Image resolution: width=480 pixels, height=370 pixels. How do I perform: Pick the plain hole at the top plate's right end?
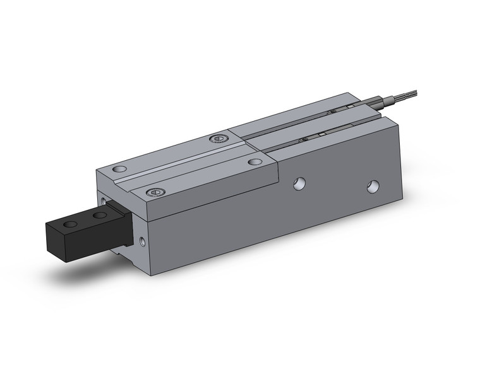[255, 161]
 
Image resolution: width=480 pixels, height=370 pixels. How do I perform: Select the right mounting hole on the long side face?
[374, 187]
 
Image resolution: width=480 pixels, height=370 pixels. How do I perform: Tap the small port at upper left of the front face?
[103, 200]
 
